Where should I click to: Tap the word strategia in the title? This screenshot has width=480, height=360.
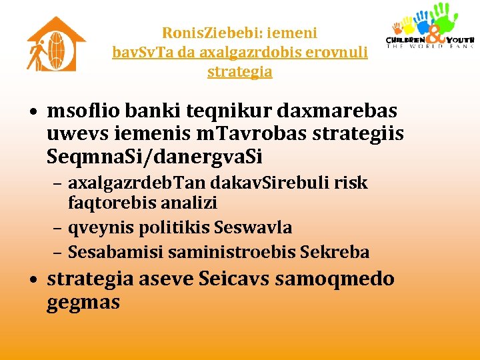(240, 71)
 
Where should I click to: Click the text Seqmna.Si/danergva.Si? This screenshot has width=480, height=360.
(155, 157)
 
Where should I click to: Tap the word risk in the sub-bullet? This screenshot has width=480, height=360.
(352, 183)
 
